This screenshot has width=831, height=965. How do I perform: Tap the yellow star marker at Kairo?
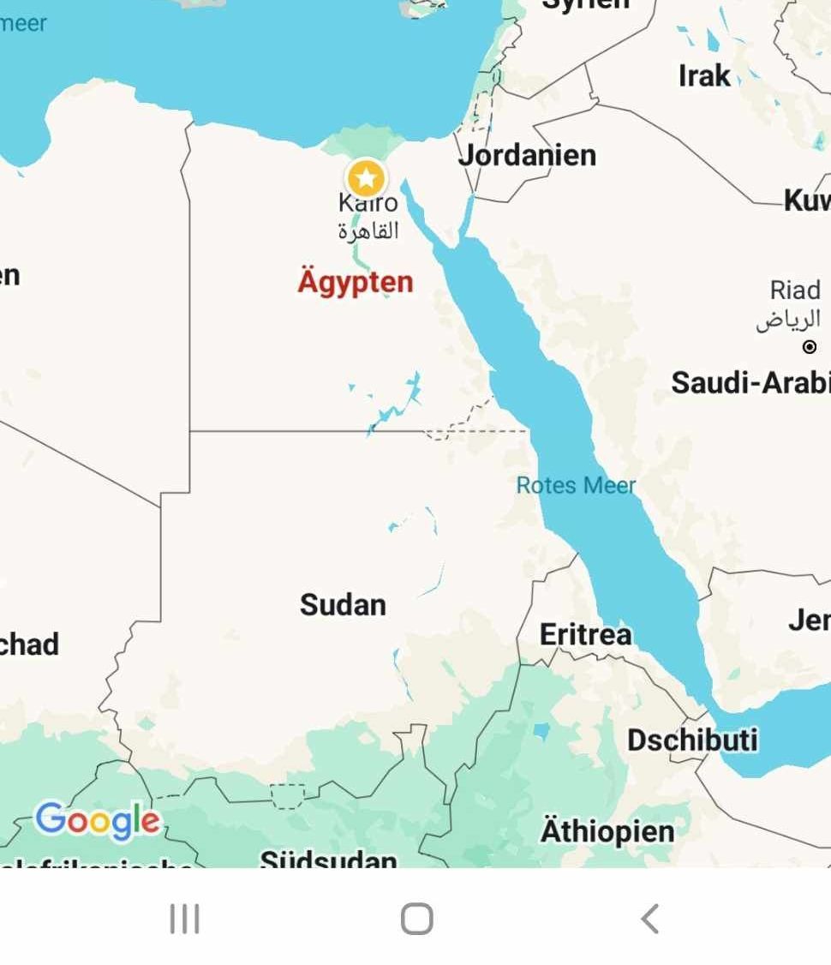366,178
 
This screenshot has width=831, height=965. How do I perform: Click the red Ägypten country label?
356,281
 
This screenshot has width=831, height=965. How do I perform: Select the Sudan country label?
343,604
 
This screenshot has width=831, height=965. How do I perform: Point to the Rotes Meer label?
576,486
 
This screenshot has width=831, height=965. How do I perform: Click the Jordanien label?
527,155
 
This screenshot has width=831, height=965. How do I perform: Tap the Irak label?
704,75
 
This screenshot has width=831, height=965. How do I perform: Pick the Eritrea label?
585,634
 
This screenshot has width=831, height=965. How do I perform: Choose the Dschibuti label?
692,740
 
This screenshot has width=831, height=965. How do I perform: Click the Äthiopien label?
607,830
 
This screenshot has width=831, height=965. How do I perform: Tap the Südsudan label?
328,858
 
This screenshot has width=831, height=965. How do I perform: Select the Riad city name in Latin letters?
795,290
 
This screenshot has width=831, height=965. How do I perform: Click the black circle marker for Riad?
810,347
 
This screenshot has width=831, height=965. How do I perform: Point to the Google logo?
97,821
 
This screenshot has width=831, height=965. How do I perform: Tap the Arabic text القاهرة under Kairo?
368,231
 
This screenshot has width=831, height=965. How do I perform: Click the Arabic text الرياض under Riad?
788,320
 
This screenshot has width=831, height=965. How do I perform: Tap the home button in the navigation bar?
416,919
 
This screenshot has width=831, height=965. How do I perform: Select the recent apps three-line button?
184,919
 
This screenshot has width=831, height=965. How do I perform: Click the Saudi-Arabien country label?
750,382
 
